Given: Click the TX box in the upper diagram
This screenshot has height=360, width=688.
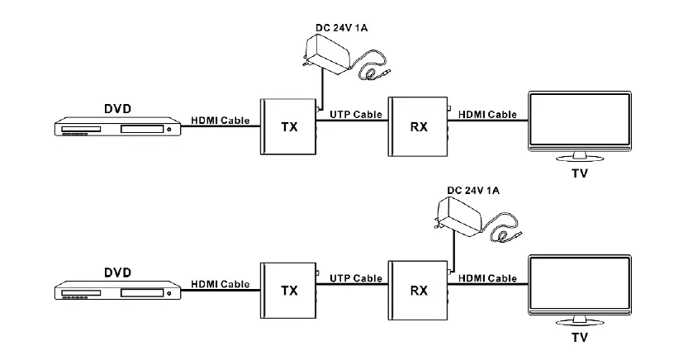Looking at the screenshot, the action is (x=288, y=126).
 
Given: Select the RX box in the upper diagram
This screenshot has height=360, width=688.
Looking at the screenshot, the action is (x=418, y=126).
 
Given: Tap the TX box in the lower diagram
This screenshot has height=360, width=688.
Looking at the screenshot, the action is (x=288, y=291).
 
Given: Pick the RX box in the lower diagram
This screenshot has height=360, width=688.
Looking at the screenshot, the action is (x=418, y=291).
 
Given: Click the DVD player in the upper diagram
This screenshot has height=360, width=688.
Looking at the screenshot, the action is (x=117, y=126).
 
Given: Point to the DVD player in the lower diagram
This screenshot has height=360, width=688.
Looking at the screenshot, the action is (x=117, y=291).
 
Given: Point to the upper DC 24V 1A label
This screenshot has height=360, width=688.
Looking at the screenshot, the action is (x=341, y=27).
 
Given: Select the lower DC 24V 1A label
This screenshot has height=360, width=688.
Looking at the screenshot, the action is (x=473, y=190).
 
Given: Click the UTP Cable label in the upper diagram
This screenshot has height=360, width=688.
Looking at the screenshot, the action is (x=356, y=115).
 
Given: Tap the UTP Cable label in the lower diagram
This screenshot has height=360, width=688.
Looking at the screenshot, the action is (x=356, y=278).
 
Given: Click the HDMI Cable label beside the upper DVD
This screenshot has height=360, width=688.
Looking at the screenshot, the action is (x=221, y=121).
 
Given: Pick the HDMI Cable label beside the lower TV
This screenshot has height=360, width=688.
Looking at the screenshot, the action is (x=487, y=278).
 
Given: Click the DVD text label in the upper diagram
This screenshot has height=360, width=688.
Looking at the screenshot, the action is (x=117, y=108).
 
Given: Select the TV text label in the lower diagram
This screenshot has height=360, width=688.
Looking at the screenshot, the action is (x=580, y=337).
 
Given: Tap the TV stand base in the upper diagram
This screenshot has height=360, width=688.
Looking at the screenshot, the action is (x=579, y=159).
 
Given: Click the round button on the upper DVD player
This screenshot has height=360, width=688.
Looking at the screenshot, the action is (x=168, y=129).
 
